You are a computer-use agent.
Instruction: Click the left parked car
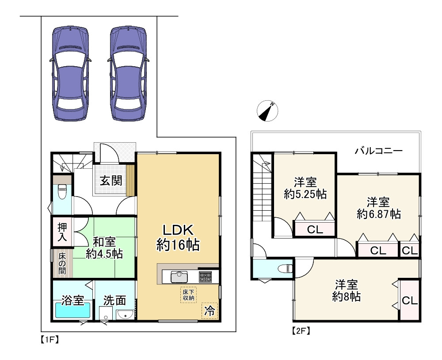(70, 74)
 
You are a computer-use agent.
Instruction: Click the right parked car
(128, 74)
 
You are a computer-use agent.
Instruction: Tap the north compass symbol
(267, 111)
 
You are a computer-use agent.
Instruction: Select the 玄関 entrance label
(111, 181)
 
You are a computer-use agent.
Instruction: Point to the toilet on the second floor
(285, 269)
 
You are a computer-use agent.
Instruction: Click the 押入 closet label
(62, 232)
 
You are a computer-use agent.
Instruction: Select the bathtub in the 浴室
(73, 310)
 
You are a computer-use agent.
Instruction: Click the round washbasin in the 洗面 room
(126, 315)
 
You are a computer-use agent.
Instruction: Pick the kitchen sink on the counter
(179, 277)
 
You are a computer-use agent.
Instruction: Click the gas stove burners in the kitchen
(205, 277)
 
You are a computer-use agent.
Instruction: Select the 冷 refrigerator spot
(210, 311)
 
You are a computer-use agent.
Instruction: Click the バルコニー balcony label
(378, 151)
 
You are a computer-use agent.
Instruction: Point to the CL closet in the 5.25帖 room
(315, 229)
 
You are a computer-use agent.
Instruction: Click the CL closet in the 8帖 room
(409, 300)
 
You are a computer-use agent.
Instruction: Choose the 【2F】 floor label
(301, 330)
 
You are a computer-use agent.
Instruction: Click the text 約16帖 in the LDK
(178, 245)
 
